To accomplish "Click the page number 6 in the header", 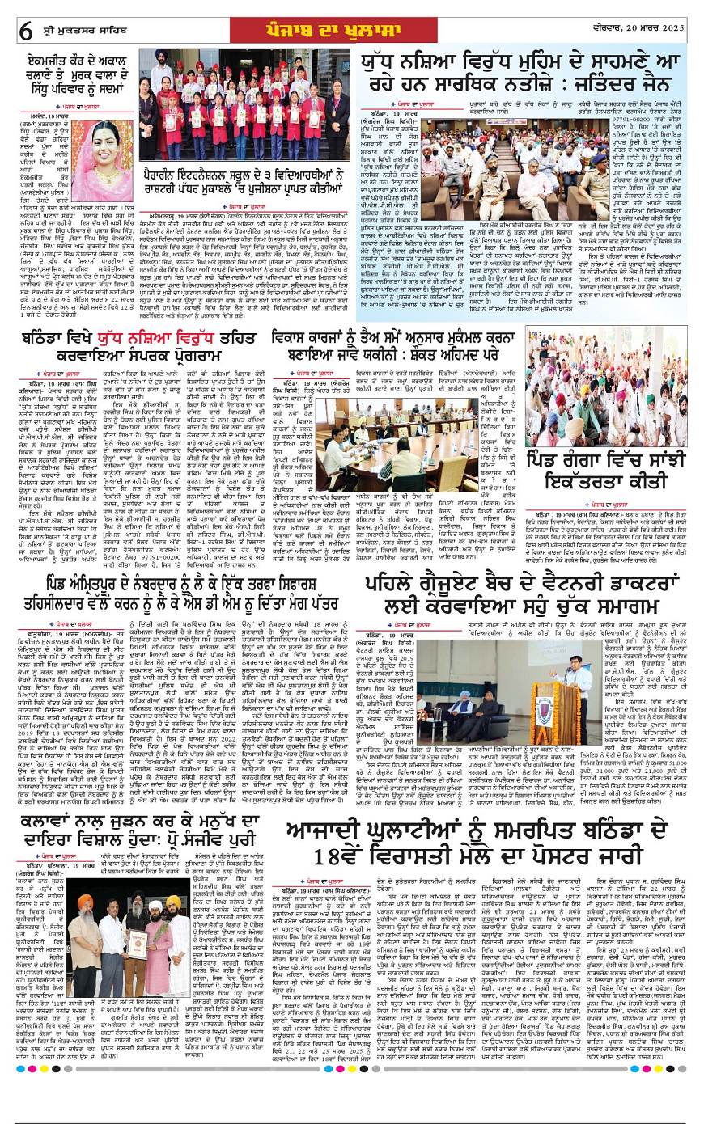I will coord(26,30).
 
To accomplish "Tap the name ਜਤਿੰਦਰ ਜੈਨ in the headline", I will coord(626,84).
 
